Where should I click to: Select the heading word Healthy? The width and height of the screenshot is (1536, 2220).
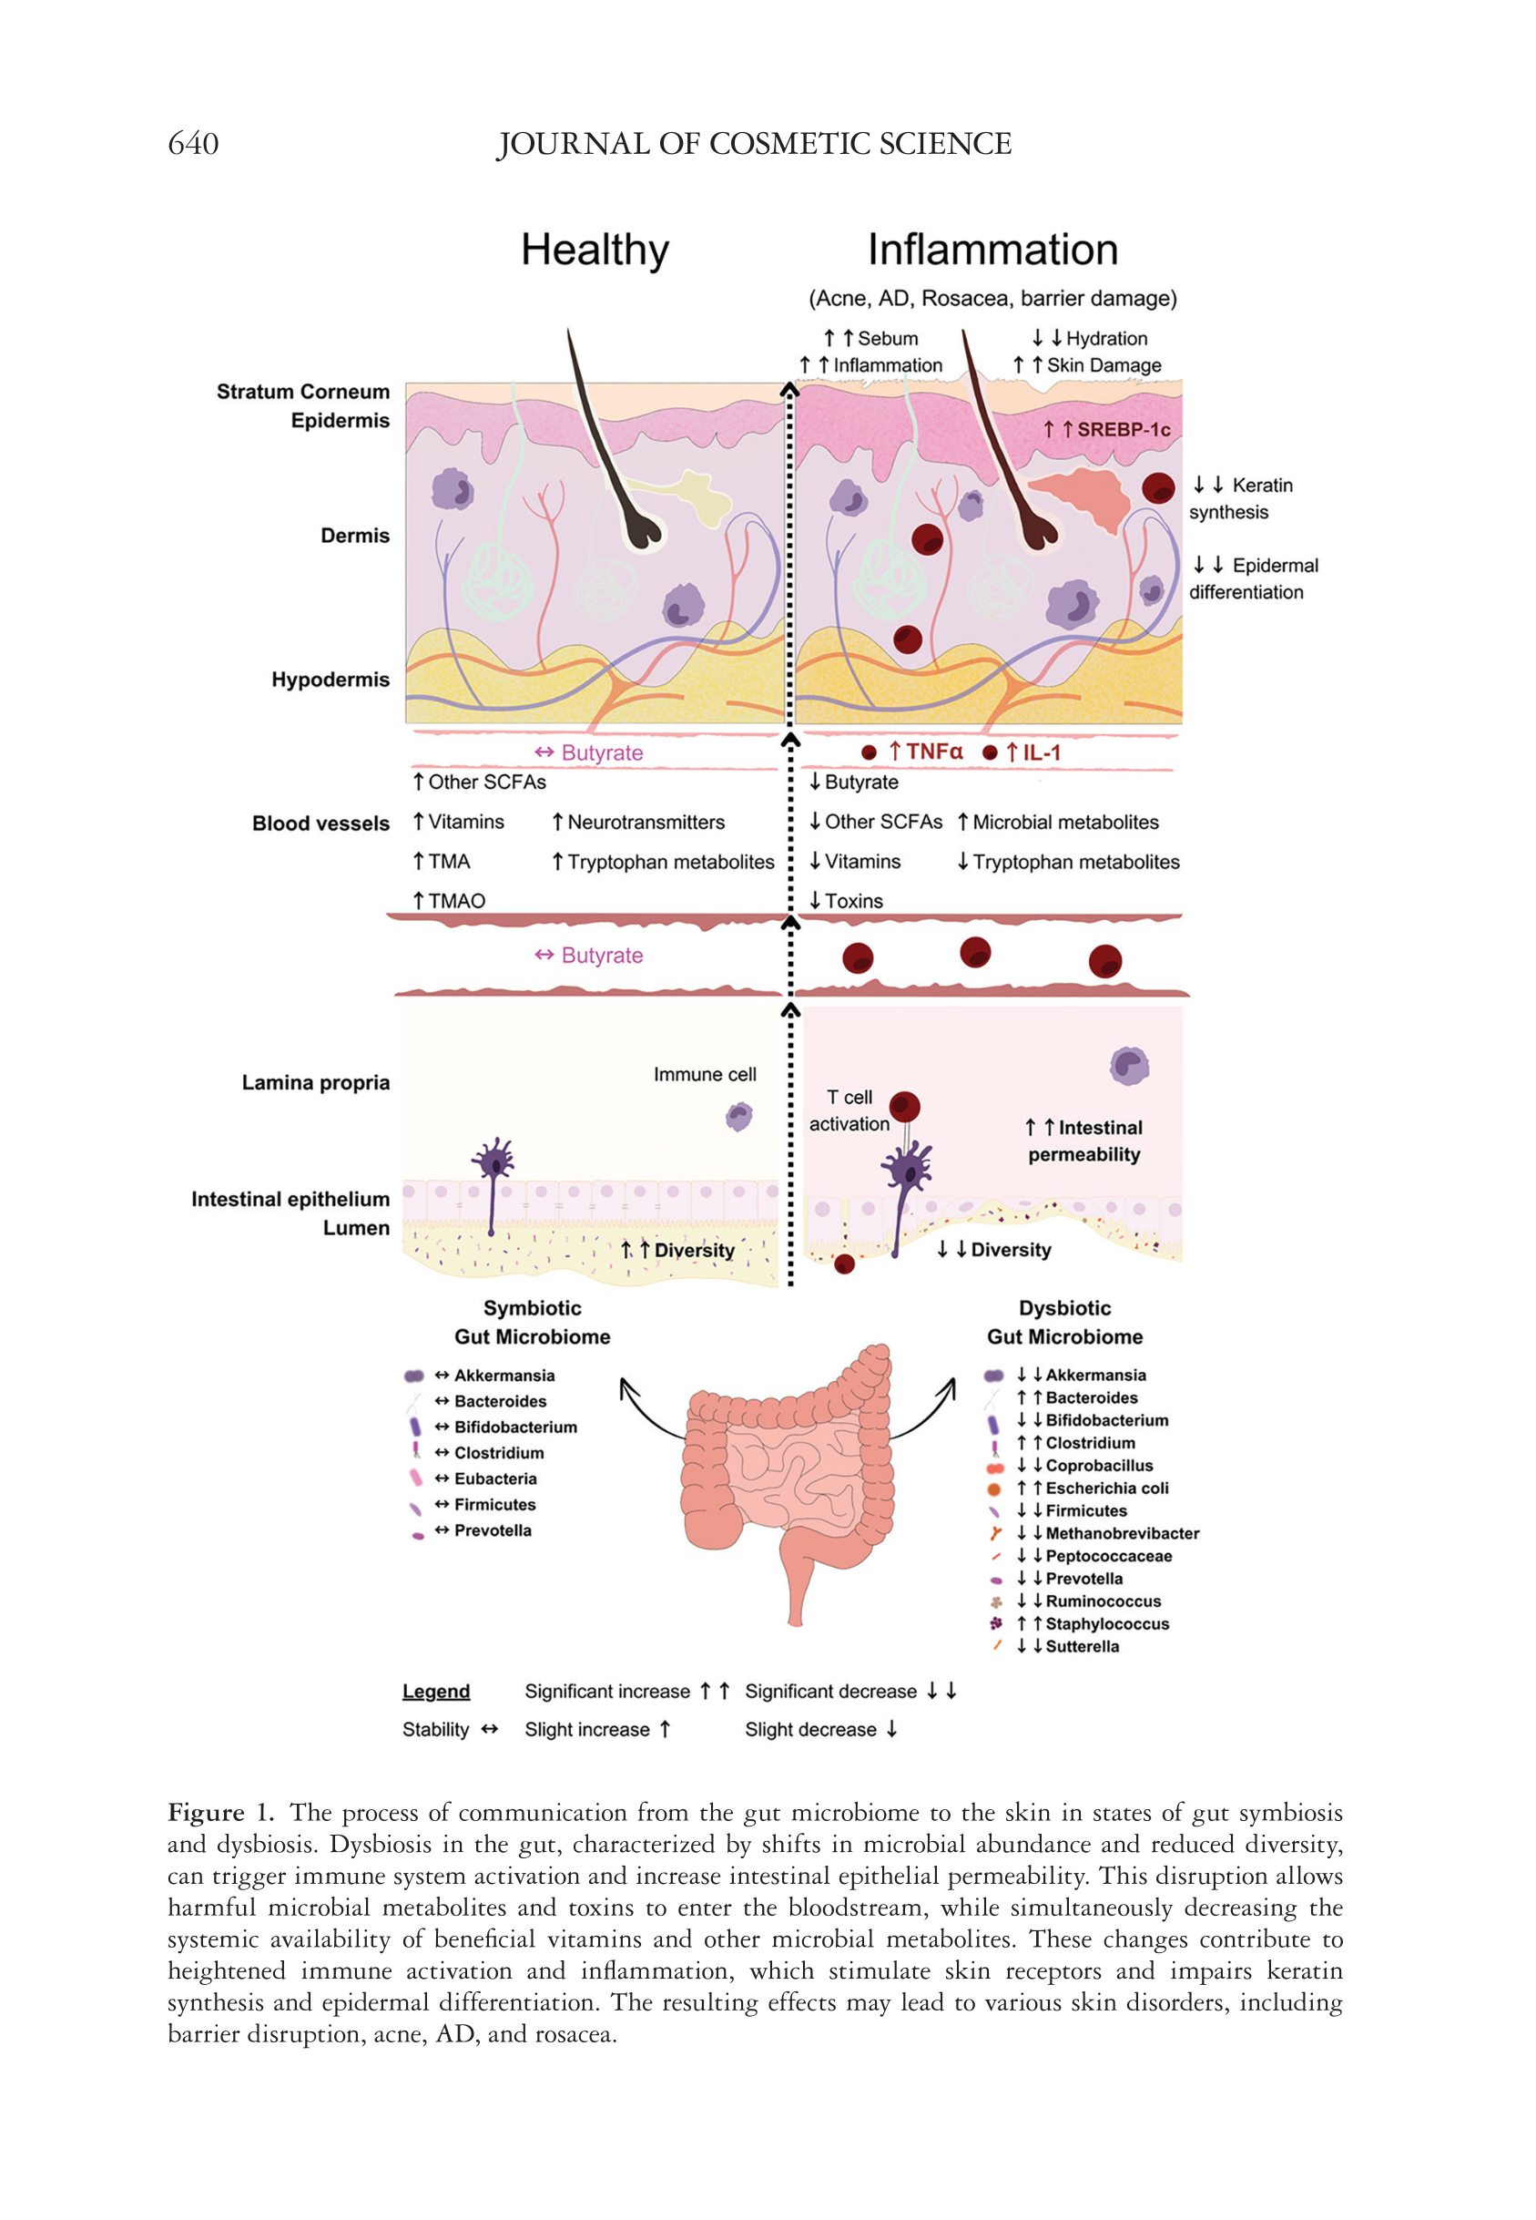595,251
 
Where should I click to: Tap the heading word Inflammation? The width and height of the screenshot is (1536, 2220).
992,251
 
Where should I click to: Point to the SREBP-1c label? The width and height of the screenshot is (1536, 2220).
1122,429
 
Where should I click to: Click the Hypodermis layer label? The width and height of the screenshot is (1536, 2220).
331,680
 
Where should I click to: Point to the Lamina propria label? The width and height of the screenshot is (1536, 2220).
316,1083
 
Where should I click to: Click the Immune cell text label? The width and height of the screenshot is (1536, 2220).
705,1074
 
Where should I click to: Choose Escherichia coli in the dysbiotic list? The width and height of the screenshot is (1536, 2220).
1107,1489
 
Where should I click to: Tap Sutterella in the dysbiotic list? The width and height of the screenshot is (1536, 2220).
1082,1646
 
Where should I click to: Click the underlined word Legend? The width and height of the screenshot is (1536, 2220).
436,1692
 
